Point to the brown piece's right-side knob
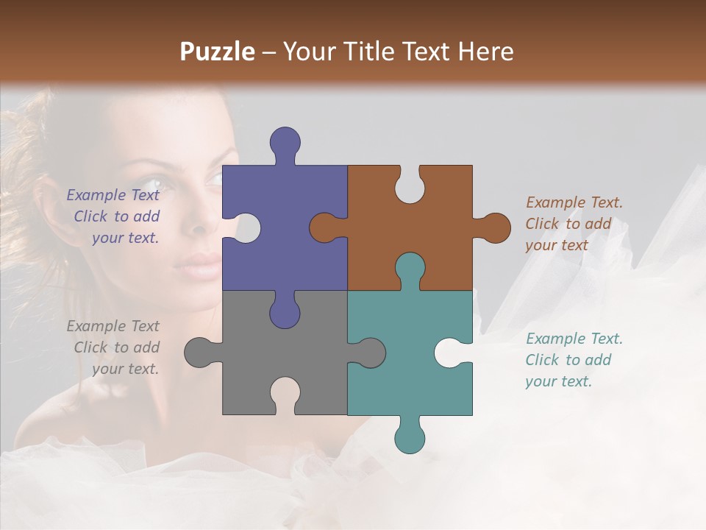[494, 227]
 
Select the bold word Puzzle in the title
[218, 52]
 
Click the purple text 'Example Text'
[113, 195]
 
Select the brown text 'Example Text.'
[574, 202]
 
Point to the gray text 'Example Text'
[113, 326]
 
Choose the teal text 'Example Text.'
[574, 339]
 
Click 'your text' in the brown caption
[557, 245]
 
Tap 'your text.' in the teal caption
[558, 381]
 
